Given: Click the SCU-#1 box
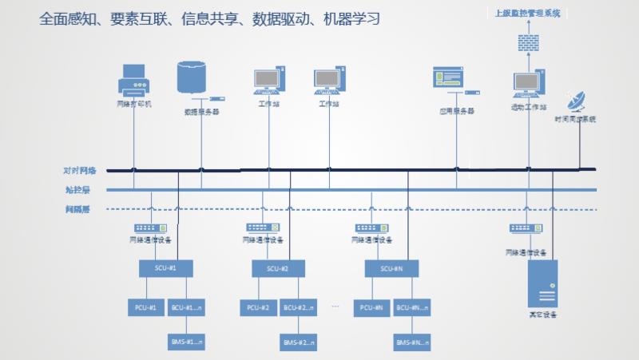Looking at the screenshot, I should (x=166, y=268).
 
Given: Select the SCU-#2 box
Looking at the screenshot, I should (x=279, y=268).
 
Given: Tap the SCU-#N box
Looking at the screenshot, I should (x=391, y=268).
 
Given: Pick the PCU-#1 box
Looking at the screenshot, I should (x=145, y=307).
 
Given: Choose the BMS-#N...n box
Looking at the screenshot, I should (x=414, y=342).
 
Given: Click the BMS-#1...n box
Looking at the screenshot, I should (x=187, y=342).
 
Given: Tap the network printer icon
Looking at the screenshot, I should (x=133, y=78).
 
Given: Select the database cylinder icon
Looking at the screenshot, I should (x=192, y=77).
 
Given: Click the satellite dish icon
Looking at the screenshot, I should (x=576, y=102).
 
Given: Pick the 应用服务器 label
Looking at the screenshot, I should (x=457, y=111).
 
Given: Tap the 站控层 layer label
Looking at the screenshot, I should (x=78, y=190).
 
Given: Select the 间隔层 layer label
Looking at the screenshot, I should (x=78, y=210).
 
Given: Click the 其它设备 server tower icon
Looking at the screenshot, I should (x=543, y=283).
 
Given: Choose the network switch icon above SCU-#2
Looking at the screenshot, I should (x=263, y=227).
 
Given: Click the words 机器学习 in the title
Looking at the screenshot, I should (x=356, y=18).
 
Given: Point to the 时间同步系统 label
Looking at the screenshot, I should (x=576, y=119).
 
